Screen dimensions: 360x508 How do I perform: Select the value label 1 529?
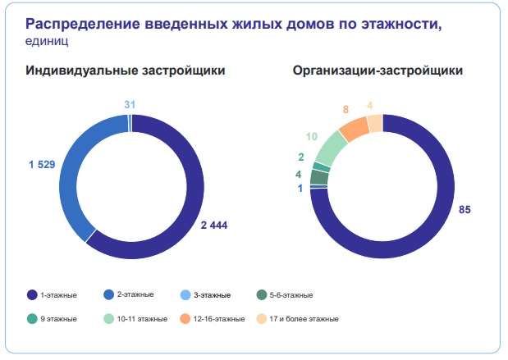[x=42, y=165]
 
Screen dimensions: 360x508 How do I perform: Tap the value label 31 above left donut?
[x=130, y=104]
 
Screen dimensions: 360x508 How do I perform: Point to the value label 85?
[x=465, y=210]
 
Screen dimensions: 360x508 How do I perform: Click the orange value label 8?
[x=346, y=109]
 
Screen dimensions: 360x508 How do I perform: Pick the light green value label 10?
[x=311, y=136]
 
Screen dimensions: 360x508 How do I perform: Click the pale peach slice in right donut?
[x=374, y=123]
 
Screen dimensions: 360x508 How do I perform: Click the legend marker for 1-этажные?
[x=32, y=294]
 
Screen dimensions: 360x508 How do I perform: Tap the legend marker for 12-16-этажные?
[x=185, y=318]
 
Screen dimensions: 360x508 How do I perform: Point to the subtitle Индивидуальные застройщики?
[x=126, y=71]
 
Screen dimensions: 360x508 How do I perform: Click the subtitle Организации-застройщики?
[x=378, y=71]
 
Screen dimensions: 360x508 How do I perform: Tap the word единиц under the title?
[x=48, y=39]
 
